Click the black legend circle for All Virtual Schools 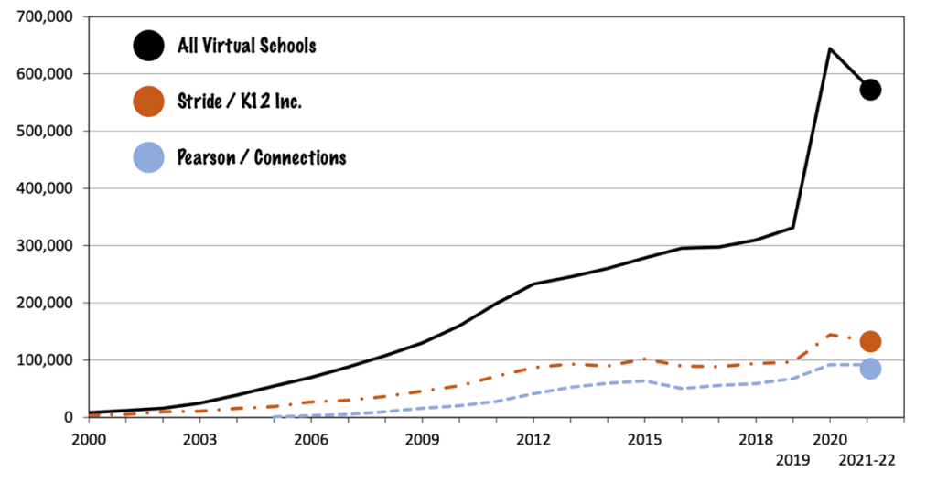tap(147, 45)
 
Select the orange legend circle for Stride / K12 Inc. tap(147, 101)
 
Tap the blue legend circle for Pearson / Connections tap(147, 157)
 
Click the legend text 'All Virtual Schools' tap(246, 45)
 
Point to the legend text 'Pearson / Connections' tap(262, 157)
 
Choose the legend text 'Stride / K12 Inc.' tap(239, 101)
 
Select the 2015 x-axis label tap(644, 438)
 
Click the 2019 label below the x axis tap(792, 461)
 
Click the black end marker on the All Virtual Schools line tap(870, 89)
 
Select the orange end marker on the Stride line tap(870, 341)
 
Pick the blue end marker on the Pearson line tap(870, 368)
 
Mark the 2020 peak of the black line tap(829, 48)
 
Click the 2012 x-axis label tap(533, 438)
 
